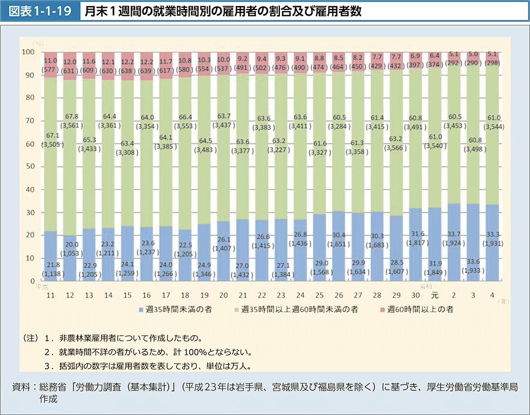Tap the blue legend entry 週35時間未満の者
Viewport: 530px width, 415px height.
(168, 309)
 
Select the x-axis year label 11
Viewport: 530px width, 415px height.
(51, 295)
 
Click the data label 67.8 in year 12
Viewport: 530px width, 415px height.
(71, 116)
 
